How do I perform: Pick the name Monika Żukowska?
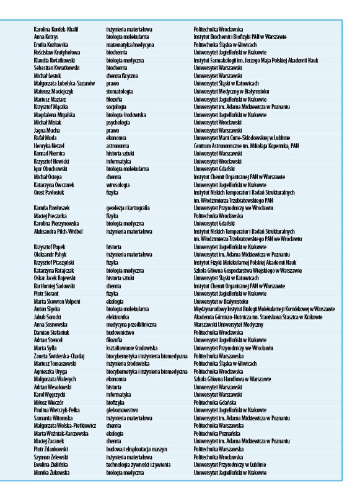51,472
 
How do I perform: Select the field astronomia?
118,145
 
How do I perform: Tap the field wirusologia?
118,184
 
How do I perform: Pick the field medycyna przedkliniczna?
131,324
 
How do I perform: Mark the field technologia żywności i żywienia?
138,464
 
